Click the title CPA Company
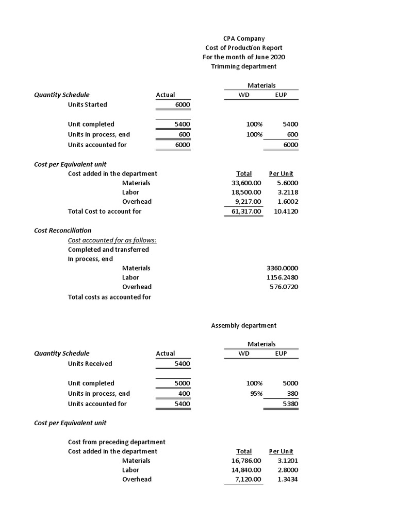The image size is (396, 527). coord(244,39)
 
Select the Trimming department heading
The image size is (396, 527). coord(244,66)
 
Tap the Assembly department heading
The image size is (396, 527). coord(244,325)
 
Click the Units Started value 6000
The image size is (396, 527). coord(182,104)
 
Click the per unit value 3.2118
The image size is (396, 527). coord(287,192)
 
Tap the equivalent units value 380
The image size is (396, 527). coord(292,394)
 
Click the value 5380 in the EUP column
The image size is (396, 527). coord(290,404)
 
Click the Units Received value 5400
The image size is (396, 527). coord(182,363)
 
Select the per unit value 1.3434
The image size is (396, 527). coord(287,479)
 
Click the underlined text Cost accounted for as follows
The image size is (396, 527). coord(112,240)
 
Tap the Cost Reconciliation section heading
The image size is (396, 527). coord(62,230)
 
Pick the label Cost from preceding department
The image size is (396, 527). coord(117,442)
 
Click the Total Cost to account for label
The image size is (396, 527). coord(105,211)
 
